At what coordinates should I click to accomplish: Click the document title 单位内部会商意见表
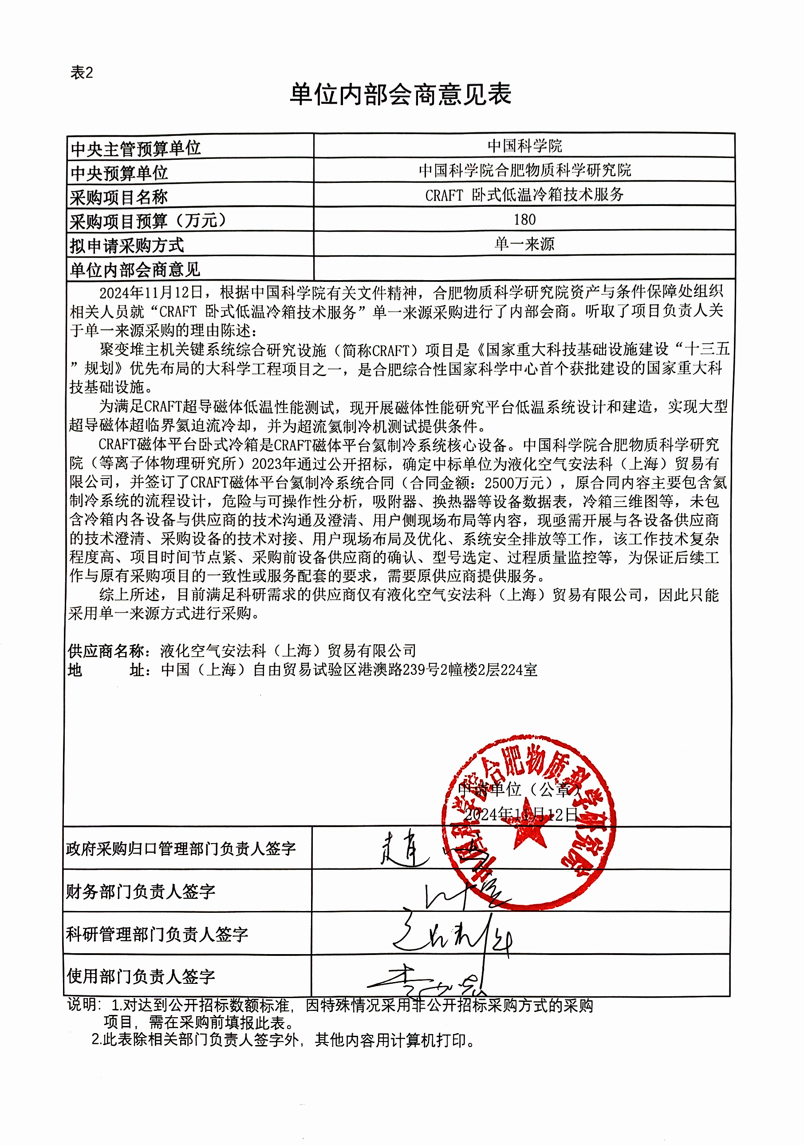401,94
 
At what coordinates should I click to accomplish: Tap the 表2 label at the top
82,73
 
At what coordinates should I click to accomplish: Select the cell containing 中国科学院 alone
524,146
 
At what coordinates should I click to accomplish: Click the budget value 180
524,219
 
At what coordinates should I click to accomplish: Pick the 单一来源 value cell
524,244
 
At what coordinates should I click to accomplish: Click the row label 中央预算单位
119,173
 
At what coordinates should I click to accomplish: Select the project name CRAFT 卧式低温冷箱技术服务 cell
524,195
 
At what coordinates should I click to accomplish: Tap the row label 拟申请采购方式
126,246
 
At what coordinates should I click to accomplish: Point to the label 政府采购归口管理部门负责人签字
181,848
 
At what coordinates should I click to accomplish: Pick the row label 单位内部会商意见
134,270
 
